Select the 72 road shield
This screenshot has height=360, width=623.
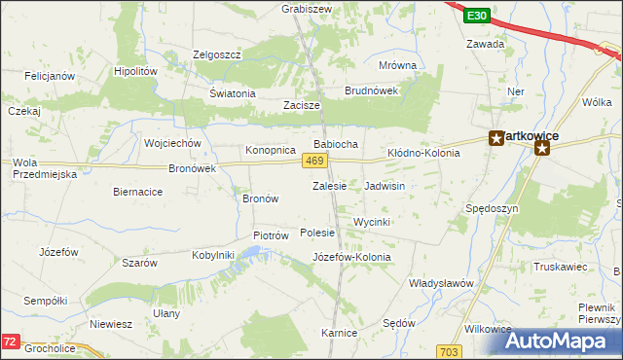pyautogui.click(x=10, y=342)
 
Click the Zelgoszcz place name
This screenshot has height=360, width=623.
pyautogui.click(x=216, y=54)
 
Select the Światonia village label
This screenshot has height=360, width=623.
pyautogui.click(x=232, y=93)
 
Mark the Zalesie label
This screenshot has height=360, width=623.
pyautogui.click(x=329, y=185)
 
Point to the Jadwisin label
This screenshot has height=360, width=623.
pyautogui.click(x=385, y=185)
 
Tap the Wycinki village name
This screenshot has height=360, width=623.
pyautogui.click(x=372, y=222)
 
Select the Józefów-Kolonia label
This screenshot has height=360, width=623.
pyautogui.click(x=351, y=257)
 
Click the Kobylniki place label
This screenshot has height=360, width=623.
pyautogui.click(x=214, y=255)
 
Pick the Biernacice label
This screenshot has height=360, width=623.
pyautogui.click(x=137, y=192)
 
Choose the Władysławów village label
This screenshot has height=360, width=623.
pyautogui.click(x=440, y=282)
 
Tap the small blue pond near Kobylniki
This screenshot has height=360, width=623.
pyautogui.click(x=250, y=254)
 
